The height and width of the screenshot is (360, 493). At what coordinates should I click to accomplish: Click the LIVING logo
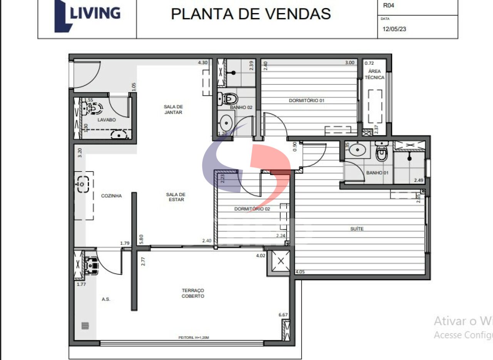[87, 15]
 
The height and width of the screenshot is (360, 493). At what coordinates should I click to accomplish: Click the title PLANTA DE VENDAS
[251, 13]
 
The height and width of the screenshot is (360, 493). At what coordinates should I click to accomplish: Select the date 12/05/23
[394, 29]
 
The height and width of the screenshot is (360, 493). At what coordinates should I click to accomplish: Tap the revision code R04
[388, 6]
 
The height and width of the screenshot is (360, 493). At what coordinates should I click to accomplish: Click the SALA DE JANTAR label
[173, 109]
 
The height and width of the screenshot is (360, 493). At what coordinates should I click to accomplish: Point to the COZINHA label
[111, 196]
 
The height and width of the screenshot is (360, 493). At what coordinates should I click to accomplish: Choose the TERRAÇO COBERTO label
[193, 293]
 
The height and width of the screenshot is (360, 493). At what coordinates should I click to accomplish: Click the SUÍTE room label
[357, 229]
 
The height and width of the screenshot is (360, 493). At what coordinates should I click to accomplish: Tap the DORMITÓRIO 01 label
[307, 101]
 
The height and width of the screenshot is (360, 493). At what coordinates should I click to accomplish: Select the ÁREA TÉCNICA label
[374, 74]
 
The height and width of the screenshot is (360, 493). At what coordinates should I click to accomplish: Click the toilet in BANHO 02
[226, 99]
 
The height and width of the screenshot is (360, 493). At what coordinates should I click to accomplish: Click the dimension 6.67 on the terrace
[283, 315]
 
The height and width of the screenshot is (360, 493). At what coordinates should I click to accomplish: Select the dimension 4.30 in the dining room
[203, 62]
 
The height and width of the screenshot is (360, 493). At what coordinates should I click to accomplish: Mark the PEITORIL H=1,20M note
[194, 338]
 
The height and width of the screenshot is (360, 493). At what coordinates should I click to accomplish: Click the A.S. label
[106, 299]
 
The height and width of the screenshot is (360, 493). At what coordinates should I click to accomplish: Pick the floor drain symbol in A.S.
[85, 326]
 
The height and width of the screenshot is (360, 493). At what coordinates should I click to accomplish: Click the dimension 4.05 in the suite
[300, 272]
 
